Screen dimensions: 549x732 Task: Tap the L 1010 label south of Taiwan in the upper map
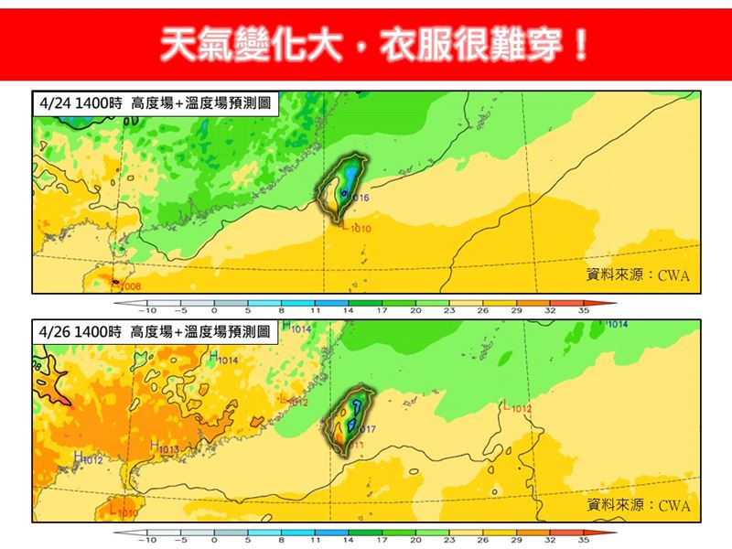coord(357,228)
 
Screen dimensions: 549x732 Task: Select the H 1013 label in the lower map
coord(164,448)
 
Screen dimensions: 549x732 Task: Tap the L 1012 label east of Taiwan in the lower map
coord(517,408)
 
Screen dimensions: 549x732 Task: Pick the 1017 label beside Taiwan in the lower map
coord(365,428)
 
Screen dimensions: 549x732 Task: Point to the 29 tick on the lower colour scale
coord(516,541)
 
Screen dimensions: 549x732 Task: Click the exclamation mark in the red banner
coord(578,44)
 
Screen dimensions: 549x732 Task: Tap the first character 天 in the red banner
coord(179,44)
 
